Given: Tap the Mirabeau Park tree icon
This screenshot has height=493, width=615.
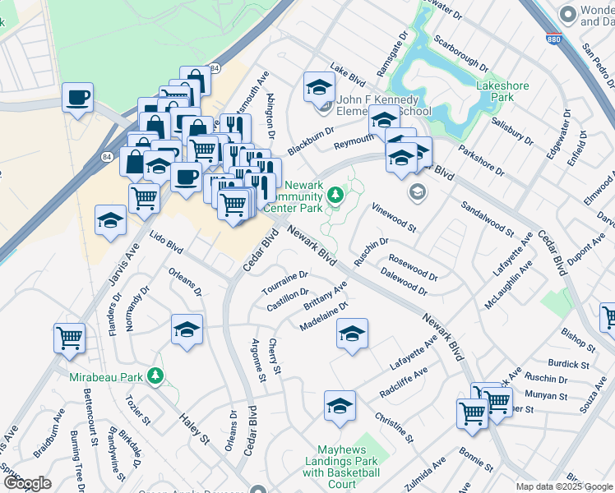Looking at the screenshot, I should click(x=155, y=376).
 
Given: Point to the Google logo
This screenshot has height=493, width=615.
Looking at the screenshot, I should click(x=26, y=483).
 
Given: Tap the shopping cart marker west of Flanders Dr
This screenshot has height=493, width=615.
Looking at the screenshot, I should click(x=69, y=337).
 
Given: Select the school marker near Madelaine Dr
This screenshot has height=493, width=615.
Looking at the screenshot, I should click(x=352, y=334).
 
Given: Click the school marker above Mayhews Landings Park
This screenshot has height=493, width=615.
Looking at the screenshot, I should click(x=340, y=406).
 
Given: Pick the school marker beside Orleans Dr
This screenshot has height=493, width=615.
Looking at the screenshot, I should click(x=187, y=329).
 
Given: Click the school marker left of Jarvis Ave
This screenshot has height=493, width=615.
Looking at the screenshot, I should click(x=109, y=221).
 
